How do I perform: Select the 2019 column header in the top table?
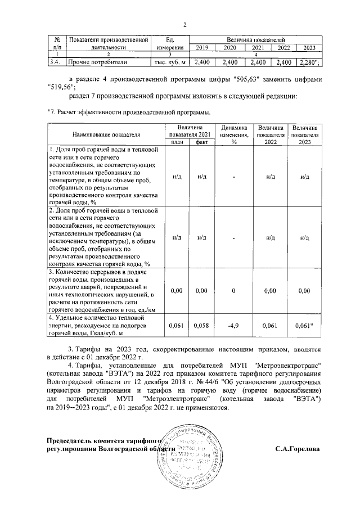click(x=202, y=48)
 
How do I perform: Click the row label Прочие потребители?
click(x=98, y=62)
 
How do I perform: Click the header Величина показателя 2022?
click(x=270, y=136)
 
